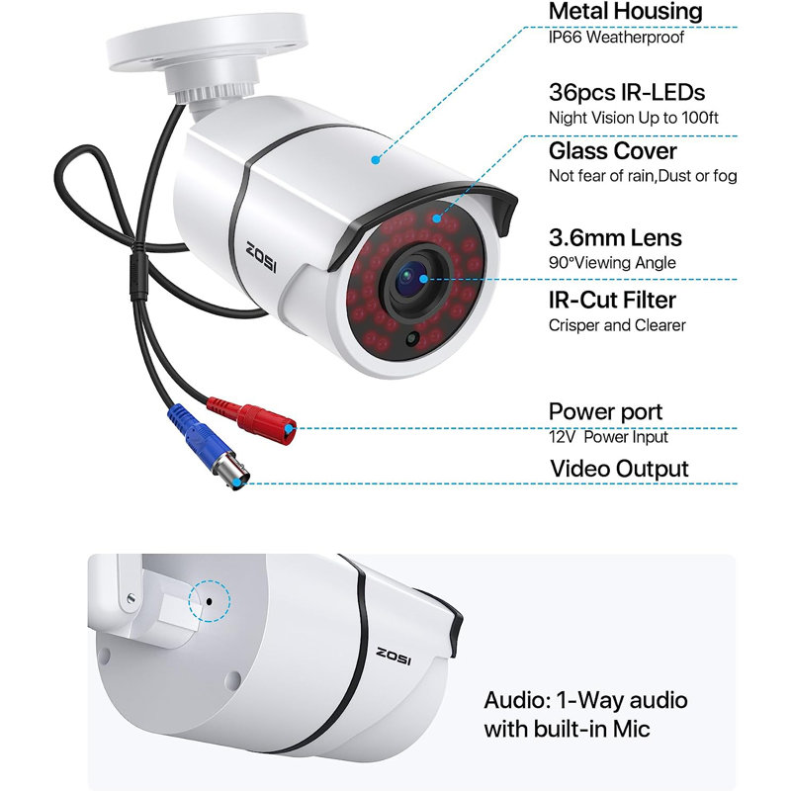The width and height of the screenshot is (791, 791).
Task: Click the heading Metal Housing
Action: [625, 11]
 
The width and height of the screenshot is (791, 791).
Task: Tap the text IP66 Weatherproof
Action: [616, 37]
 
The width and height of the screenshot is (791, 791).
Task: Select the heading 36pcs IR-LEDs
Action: [627, 92]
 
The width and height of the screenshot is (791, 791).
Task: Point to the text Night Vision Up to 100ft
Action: [633, 118]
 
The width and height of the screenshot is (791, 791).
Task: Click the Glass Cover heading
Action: [612, 151]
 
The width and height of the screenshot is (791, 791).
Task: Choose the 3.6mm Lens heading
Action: [615, 237]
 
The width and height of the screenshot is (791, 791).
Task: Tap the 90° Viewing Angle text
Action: [612, 263]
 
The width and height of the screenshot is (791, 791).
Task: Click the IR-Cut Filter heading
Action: [612, 301]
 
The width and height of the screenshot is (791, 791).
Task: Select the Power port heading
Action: [605, 412]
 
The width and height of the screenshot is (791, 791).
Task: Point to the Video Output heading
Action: [619, 469]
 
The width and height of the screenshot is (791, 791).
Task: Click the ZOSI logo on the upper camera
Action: [261, 257]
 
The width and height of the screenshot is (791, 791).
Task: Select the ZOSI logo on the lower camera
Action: [394, 656]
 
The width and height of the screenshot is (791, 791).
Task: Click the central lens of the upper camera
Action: [413, 280]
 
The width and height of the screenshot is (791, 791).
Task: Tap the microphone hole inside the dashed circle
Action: [210, 601]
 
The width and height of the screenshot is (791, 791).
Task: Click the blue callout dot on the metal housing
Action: [375, 160]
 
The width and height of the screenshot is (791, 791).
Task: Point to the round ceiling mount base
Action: [207, 43]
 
